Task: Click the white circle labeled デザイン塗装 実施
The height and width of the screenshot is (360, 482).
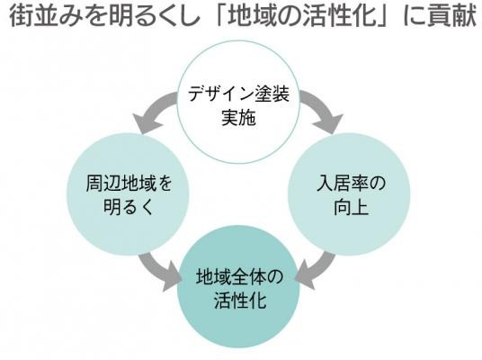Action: pyautogui.click(x=239, y=103)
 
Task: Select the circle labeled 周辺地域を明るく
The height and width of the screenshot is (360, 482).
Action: pyautogui.click(x=129, y=194)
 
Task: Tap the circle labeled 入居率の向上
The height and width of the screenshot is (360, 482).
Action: pyautogui.click(x=349, y=194)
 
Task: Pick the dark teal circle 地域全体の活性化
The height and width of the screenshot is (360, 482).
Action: pyautogui.click(x=239, y=286)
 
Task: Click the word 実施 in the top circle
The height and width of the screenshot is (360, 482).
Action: pyautogui.click(x=238, y=117)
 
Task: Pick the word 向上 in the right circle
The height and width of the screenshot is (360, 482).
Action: pyautogui.click(x=351, y=206)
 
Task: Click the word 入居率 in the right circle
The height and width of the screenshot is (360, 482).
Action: pyautogui.click(x=342, y=183)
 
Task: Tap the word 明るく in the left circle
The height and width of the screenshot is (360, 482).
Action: pyautogui.click(x=129, y=206)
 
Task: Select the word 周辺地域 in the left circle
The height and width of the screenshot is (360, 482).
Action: pyautogui.click(x=121, y=183)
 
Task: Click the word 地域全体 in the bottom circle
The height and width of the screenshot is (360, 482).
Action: pyautogui.click(x=231, y=276)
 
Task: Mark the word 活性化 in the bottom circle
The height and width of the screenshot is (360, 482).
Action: pyautogui.click(x=240, y=300)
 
